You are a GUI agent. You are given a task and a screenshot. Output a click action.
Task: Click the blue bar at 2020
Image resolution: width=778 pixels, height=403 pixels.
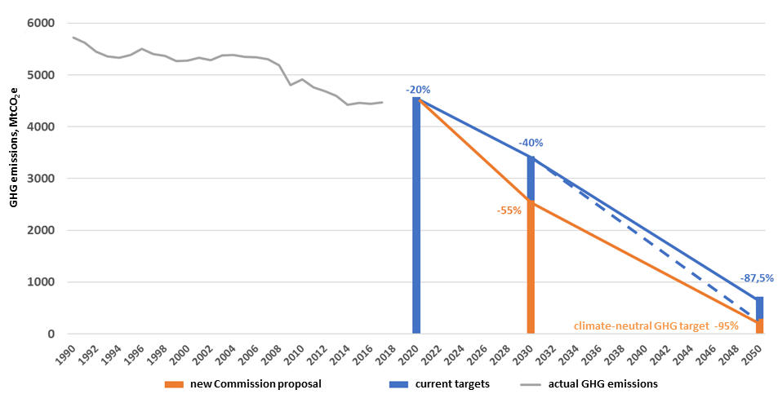tap(416, 215)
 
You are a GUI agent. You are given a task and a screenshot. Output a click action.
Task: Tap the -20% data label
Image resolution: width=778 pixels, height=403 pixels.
tap(417, 90)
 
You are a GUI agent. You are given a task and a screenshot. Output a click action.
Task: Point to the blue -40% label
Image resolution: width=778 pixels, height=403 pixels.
tap(531, 143)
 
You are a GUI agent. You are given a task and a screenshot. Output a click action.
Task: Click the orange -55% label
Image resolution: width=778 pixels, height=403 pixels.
tap(509, 210)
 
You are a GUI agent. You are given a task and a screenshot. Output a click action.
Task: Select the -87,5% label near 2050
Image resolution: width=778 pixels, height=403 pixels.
tap(757, 278)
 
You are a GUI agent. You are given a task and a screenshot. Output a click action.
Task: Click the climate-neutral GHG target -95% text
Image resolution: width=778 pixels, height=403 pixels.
tap(656, 325)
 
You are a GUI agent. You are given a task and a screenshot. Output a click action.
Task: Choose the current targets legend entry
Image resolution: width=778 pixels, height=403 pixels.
tap(452, 383)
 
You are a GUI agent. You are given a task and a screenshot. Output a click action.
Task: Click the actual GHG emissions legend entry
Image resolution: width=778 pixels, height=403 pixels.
tap(602, 383)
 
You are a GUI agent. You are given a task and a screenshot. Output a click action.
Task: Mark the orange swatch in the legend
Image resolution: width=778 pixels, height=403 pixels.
tap(174, 384)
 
